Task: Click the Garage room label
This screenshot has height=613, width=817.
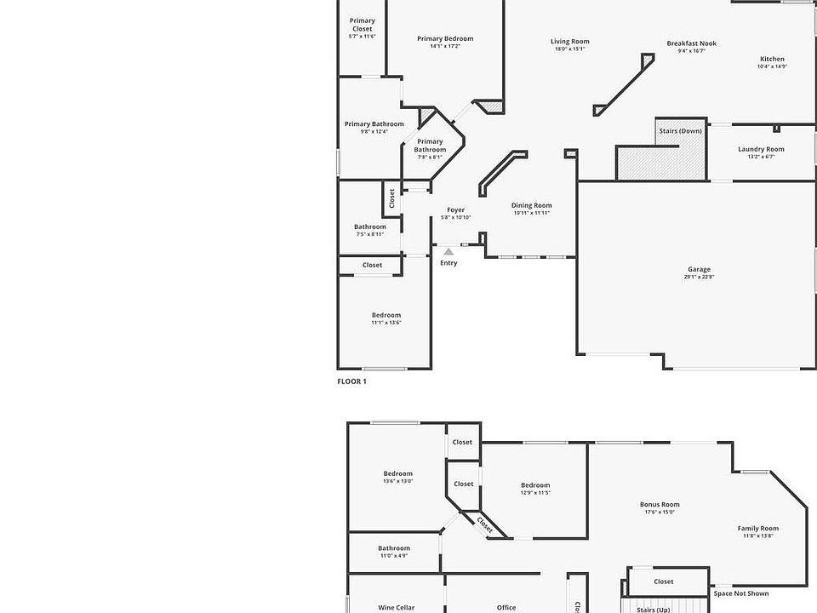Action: (700, 269)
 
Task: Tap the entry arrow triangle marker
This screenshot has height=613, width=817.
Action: (448, 251)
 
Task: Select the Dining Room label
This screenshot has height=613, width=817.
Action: (531, 205)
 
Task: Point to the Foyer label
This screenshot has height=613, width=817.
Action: (456, 209)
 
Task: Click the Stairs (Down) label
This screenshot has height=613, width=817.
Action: (680, 131)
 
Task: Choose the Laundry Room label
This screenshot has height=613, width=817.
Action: (761, 149)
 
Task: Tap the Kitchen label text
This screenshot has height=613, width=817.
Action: (772, 59)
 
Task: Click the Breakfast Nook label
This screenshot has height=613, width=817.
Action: (691, 43)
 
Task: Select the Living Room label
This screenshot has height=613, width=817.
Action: (569, 41)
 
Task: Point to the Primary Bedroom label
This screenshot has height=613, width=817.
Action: (445, 38)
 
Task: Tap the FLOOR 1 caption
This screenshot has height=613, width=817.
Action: (352, 381)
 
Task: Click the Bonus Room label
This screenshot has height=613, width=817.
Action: (660, 504)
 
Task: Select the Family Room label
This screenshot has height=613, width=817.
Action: (757, 529)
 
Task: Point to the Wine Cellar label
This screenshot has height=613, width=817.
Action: (396, 608)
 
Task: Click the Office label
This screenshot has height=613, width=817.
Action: (506, 608)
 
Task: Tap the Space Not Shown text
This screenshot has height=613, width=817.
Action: (740, 593)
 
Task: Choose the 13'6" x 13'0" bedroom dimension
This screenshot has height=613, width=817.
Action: (397, 481)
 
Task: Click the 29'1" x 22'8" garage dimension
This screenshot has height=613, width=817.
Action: (700, 277)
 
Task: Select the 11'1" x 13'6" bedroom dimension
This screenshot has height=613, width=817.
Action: (386, 323)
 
